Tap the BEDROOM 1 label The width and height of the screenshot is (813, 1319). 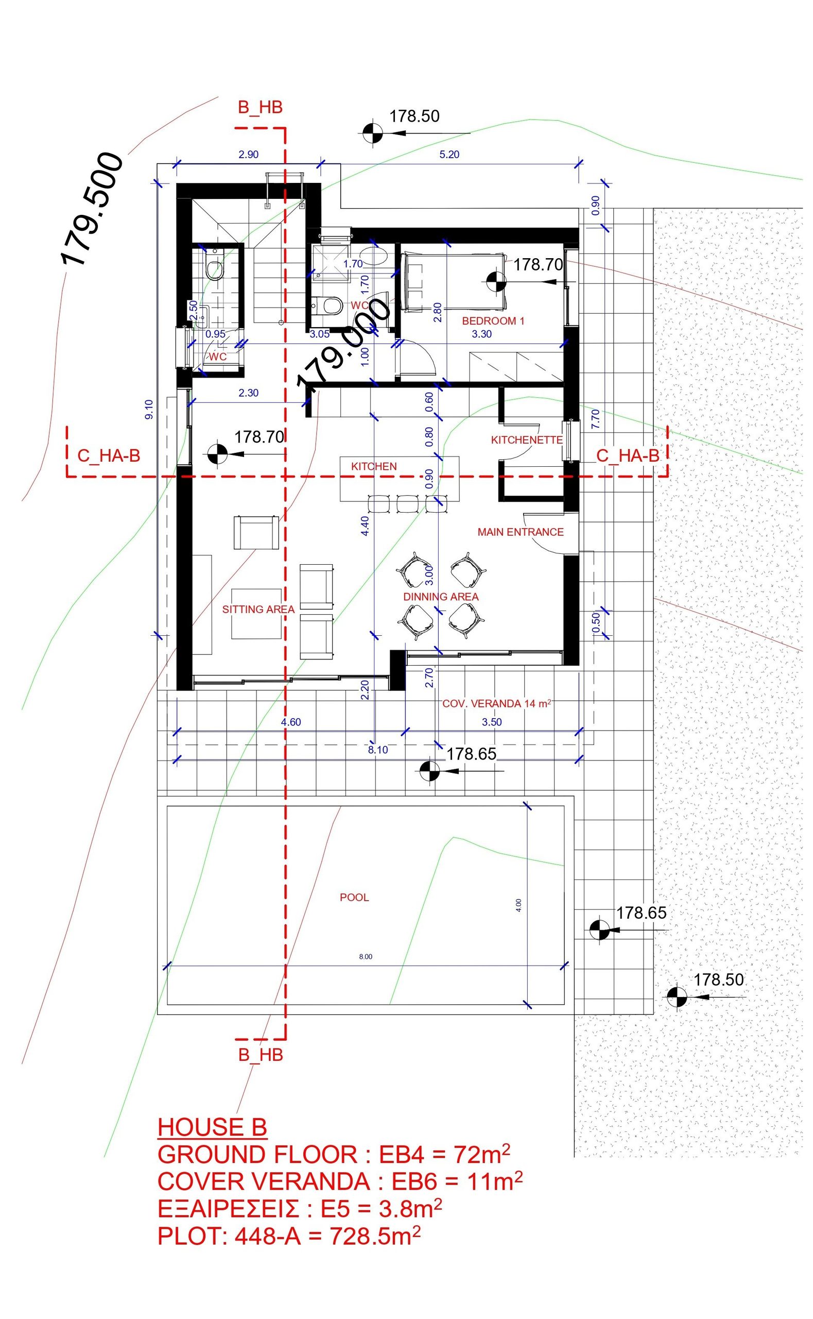[x=493, y=321]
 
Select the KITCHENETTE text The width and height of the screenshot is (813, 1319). [x=526, y=440]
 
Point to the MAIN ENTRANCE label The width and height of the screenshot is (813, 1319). [x=521, y=532]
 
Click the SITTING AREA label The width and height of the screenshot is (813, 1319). [x=258, y=609]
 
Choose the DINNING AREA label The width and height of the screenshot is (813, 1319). [x=440, y=597]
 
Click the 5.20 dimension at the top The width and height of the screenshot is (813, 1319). [x=449, y=155]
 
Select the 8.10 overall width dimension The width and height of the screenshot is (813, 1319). [x=378, y=750]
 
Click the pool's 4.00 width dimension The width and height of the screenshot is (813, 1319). [x=518, y=905]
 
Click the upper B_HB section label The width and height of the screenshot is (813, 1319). [x=260, y=108]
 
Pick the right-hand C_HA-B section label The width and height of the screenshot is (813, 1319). [x=628, y=456]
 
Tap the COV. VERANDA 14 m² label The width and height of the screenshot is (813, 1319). [x=497, y=703]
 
